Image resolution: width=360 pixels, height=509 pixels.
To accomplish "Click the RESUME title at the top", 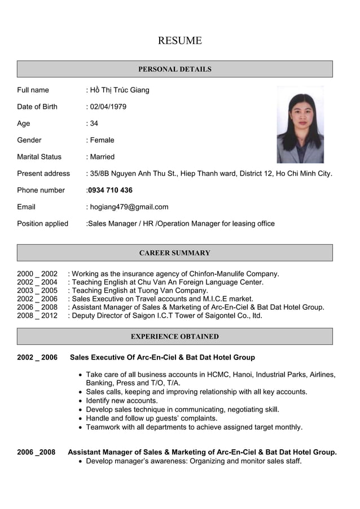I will [179, 41].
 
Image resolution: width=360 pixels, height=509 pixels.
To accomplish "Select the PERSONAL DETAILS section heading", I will [175, 69].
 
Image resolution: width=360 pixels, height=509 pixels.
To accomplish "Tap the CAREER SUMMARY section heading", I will [175, 253].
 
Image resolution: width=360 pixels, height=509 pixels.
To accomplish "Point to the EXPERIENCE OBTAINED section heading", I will [175, 336].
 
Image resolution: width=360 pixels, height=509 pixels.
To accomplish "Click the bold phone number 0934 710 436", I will [110, 190].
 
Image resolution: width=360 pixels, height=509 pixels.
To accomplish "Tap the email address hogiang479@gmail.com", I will [129, 207].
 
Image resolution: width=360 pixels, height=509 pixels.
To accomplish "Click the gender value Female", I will [102, 140].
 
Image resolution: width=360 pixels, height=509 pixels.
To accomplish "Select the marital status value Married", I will [102, 157].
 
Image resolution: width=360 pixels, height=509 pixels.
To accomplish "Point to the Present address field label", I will [43, 173].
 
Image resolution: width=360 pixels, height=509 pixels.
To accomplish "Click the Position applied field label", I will [42, 223].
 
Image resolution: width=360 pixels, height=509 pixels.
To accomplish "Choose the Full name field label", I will [33, 90].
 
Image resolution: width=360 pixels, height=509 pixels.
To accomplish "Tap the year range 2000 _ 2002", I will [37, 274].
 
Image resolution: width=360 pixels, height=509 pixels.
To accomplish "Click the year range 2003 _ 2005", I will [37, 291].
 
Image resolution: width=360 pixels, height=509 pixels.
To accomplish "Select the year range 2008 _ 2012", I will [37, 315].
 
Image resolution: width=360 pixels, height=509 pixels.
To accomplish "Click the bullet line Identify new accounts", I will [121, 401].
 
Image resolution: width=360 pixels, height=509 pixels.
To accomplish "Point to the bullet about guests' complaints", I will [151, 418].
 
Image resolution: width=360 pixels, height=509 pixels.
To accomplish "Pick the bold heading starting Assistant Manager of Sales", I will [202, 452].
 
